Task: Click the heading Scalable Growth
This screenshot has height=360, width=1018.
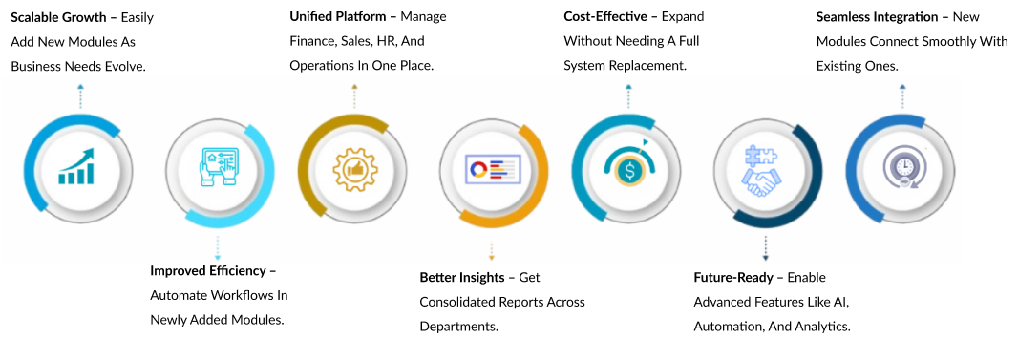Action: tap(59, 17)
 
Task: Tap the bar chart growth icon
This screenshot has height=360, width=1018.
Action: tap(76, 167)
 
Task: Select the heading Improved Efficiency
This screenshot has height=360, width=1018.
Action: tap(208, 270)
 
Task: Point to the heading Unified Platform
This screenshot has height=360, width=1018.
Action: tap(339, 17)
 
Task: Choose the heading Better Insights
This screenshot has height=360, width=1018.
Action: tap(461, 278)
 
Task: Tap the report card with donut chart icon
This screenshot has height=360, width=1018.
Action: tap(493, 169)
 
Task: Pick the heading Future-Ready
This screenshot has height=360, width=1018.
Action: tap(733, 278)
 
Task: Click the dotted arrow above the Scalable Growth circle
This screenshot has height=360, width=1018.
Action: tap(80, 96)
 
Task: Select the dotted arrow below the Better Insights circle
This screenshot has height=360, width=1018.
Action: tap(492, 252)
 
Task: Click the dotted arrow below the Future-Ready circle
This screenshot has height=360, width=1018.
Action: tap(766, 248)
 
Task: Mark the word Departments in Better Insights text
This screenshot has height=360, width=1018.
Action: tap(459, 327)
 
